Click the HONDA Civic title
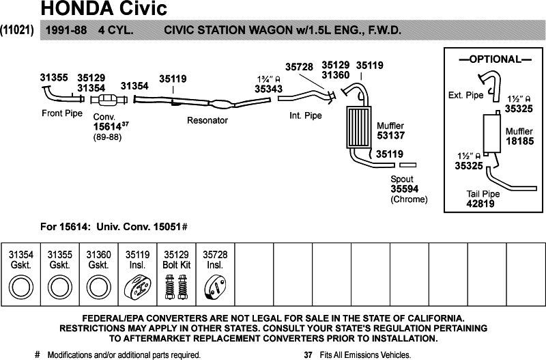coord(104,10)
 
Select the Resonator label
coord(207,120)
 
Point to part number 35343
coord(269,88)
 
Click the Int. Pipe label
coord(305,116)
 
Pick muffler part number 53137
coord(391,136)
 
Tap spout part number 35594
coord(405,189)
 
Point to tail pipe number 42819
coord(483,203)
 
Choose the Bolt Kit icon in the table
coord(176,286)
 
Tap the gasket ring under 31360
coord(98,287)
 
